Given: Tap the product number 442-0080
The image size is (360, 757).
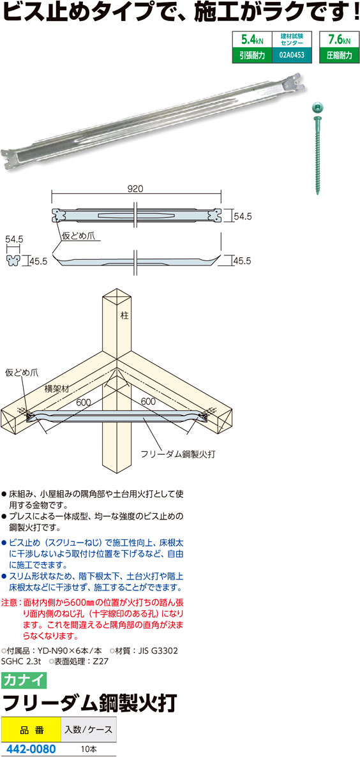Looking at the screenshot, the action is tap(29, 748).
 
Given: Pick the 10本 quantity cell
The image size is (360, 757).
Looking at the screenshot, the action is tap(89, 748).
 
